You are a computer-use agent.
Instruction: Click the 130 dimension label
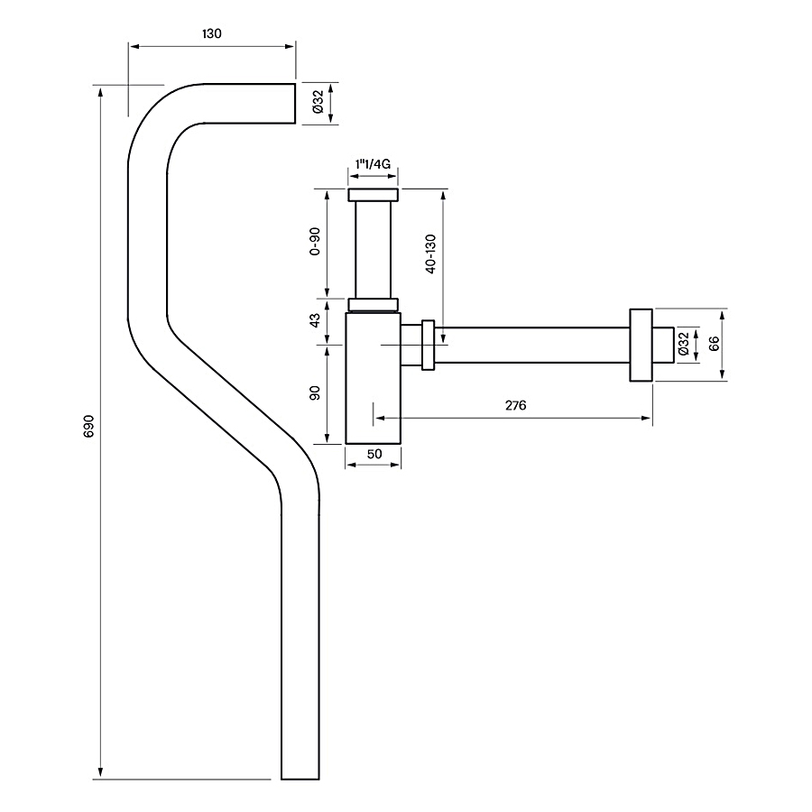211,33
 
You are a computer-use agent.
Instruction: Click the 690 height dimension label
88,426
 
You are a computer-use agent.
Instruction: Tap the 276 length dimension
516,405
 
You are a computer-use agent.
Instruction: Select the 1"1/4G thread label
373,164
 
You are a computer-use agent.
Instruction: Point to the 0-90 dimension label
314,241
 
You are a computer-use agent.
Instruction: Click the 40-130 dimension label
430,254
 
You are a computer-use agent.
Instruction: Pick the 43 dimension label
314,321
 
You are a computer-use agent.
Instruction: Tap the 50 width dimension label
374,454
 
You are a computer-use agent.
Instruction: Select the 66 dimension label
715,344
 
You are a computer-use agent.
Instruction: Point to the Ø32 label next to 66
683,344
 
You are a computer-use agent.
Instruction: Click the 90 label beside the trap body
314,393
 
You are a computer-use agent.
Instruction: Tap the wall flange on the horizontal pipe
641,345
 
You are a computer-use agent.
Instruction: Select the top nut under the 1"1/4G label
373,195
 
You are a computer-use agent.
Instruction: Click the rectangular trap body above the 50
373,378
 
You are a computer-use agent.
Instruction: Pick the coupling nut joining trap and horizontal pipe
428,345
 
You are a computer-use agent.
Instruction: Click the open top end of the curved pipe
295,104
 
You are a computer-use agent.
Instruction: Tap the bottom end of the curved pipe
300,779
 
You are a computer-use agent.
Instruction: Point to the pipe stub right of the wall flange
663,345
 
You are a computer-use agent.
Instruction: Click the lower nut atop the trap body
373,305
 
